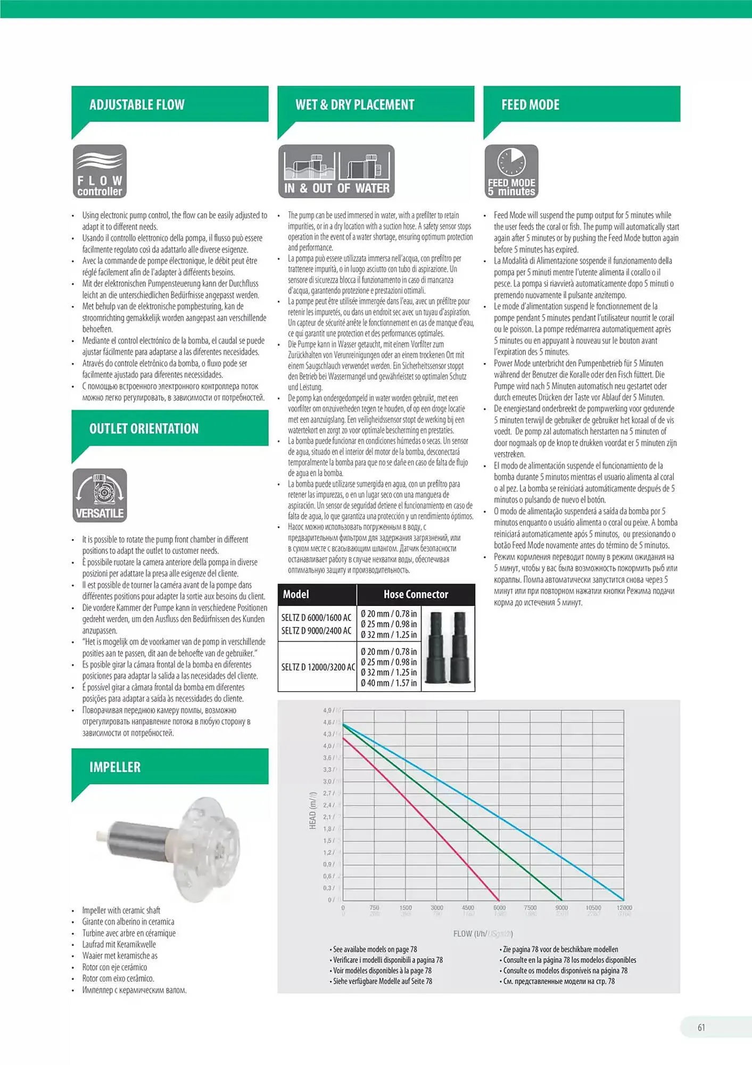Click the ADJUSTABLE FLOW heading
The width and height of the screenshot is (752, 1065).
point(137,105)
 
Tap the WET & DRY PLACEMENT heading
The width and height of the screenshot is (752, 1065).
point(354,105)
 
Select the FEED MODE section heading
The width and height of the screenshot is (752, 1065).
point(530,105)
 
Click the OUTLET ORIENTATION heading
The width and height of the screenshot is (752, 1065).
point(144,429)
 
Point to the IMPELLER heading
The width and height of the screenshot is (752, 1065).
point(115,767)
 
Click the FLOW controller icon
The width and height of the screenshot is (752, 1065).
point(100,171)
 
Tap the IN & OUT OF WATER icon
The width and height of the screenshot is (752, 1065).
point(336,171)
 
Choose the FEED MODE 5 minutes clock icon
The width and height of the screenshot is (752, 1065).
point(511,171)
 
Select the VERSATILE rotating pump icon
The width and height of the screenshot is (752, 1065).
point(100,495)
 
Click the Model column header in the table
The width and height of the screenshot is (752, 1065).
point(296,594)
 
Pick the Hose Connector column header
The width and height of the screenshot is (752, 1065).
point(416,594)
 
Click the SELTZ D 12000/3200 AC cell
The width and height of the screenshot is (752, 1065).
point(318,667)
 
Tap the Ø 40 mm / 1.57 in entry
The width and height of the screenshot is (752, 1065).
point(389,683)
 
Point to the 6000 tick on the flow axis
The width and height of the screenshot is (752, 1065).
point(499,908)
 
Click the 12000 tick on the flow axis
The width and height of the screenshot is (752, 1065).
point(624,908)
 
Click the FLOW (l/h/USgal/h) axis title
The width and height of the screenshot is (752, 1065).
point(483,934)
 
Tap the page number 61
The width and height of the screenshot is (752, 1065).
point(701,1028)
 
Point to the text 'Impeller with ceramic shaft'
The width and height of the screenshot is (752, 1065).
point(121,911)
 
